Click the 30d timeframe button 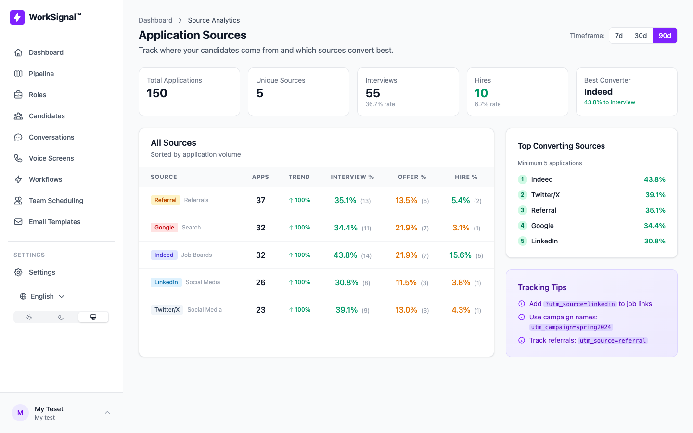(640, 36)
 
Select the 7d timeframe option (619, 36)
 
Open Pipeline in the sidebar (41, 74)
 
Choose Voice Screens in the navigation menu (51, 158)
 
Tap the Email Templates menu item (54, 222)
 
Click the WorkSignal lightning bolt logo (17, 17)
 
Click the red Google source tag (164, 228)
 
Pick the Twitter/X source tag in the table (167, 310)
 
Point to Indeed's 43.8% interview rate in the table (345, 255)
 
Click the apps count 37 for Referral (260, 200)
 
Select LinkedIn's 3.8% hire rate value (461, 282)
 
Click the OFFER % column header (412, 177)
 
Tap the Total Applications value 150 (157, 93)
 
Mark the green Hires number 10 (481, 93)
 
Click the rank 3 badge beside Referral (522, 210)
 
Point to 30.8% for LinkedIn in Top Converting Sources (654, 241)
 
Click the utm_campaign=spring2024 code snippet (571, 327)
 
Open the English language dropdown (42, 296)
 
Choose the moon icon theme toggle (61, 317)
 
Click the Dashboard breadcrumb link (155, 20)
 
